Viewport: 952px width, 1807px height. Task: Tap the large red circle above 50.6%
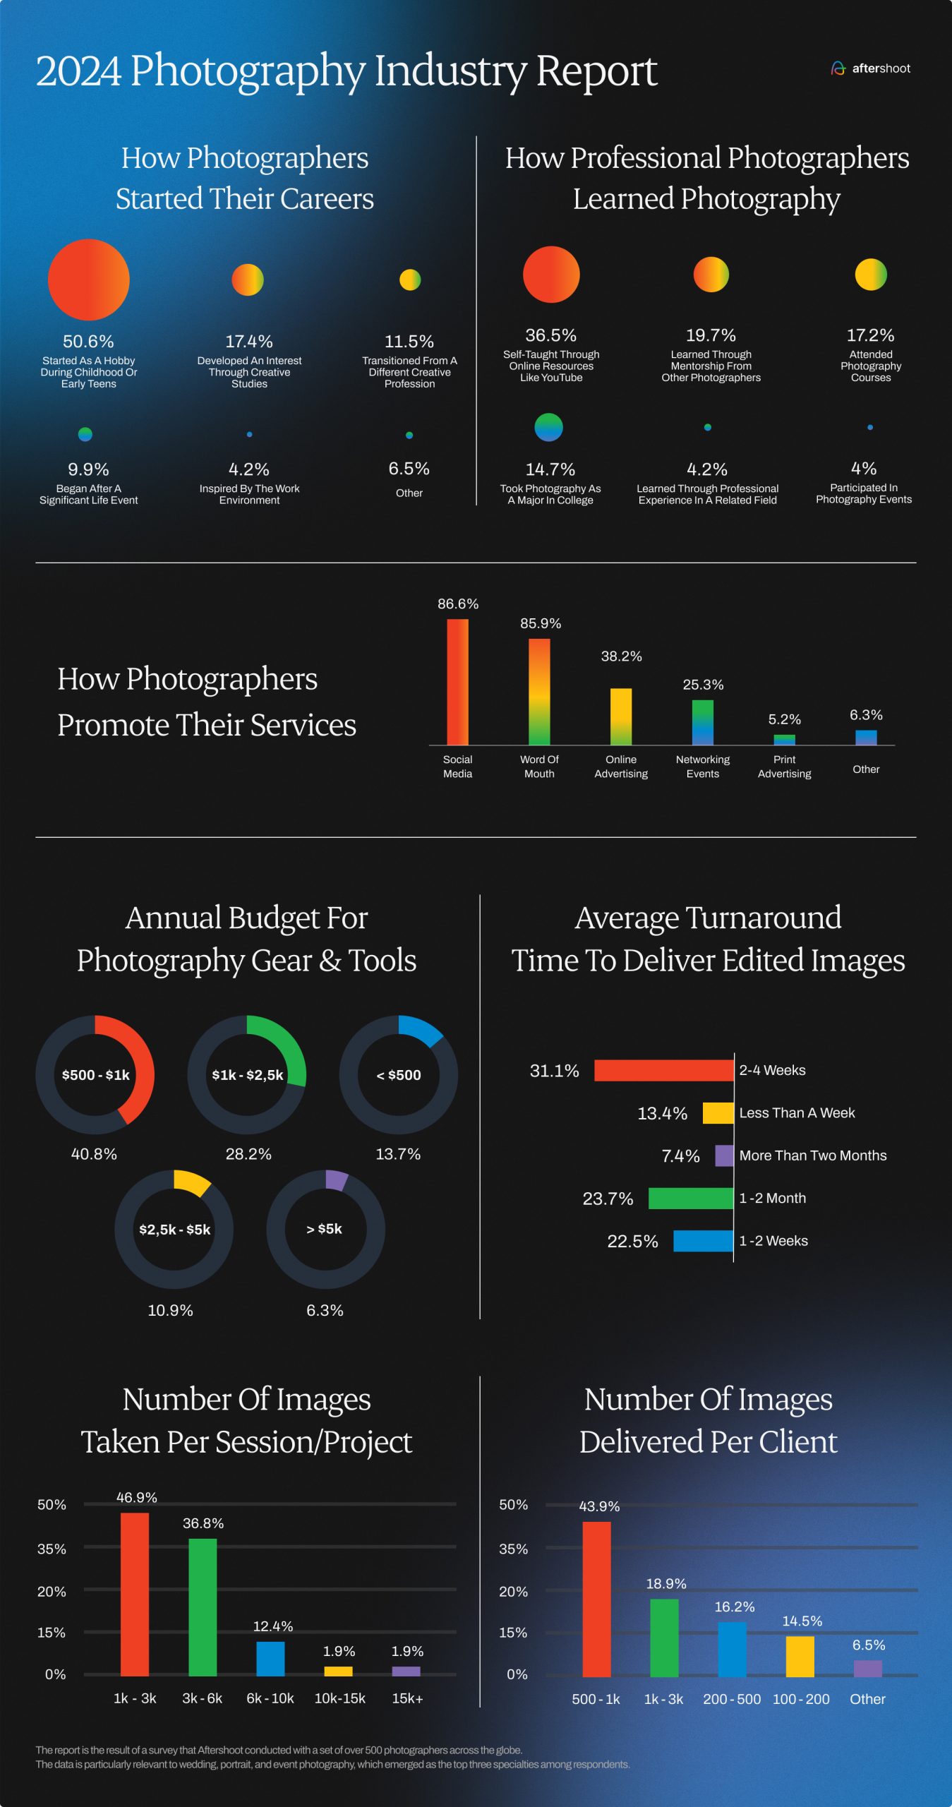pyautogui.click(x=89, y=280)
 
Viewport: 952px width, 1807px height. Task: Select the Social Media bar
pyautogui.click(x=457, y=682)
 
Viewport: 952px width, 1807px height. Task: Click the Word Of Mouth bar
pyautogui.click(x=539, y=692)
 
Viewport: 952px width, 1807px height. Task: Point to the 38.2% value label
pyautogui.click(x=621, y=656)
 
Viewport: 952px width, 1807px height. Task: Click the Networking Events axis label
pyautogui.click(x=702, y=767)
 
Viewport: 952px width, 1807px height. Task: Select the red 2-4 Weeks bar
pyautogui.click(x=663, y=1070)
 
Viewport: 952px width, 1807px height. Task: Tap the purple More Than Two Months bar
pyautogui.click(x=724, y=1155)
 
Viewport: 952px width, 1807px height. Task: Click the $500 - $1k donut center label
pyautogui.click(x=96, y=1075)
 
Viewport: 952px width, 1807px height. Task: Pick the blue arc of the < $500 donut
pyautogui.click(x=422, y=1029)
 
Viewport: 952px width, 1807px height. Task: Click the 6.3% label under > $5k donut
pyautogui.click(x=325, y=1310)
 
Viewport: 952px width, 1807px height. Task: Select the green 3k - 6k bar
pyautogui.click(x=203, y=1607)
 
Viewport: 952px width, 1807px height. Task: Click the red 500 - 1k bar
pyautogui.click(x=596, y=1599)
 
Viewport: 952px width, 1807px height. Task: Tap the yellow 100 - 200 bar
pyautogui.click(x=800, y=1656)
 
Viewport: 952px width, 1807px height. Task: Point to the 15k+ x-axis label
pyautogui.click(x=407, y=1698)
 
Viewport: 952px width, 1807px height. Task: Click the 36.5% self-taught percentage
pyautogui.click(x=550, y=335)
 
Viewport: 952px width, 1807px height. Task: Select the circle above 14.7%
pyautogui.click(x=548, y=427)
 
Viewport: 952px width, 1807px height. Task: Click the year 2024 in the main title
pyautogui.click(x=78, y=71)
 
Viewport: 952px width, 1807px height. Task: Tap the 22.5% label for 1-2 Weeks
pyautogui.click(x=632, y=1241)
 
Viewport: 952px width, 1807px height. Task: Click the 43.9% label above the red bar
pyautogui.click(x=599, y=1506)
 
